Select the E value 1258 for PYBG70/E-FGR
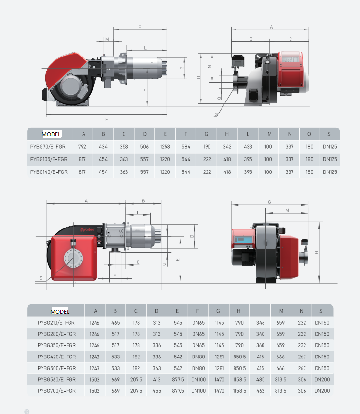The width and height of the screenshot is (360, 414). point(165,147)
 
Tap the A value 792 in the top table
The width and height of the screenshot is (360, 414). point(82,147)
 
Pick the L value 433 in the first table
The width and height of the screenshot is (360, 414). point(248,147)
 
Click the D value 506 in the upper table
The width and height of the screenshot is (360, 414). point(144,147)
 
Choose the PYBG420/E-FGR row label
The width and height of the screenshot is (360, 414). point(57,357)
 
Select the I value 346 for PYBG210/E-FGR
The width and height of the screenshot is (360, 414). point(260,323)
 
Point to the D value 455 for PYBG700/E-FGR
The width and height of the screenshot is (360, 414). point(157,391)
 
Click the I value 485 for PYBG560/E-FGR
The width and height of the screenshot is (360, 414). point(260,379)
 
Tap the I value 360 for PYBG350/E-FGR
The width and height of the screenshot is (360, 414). point(260,345)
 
